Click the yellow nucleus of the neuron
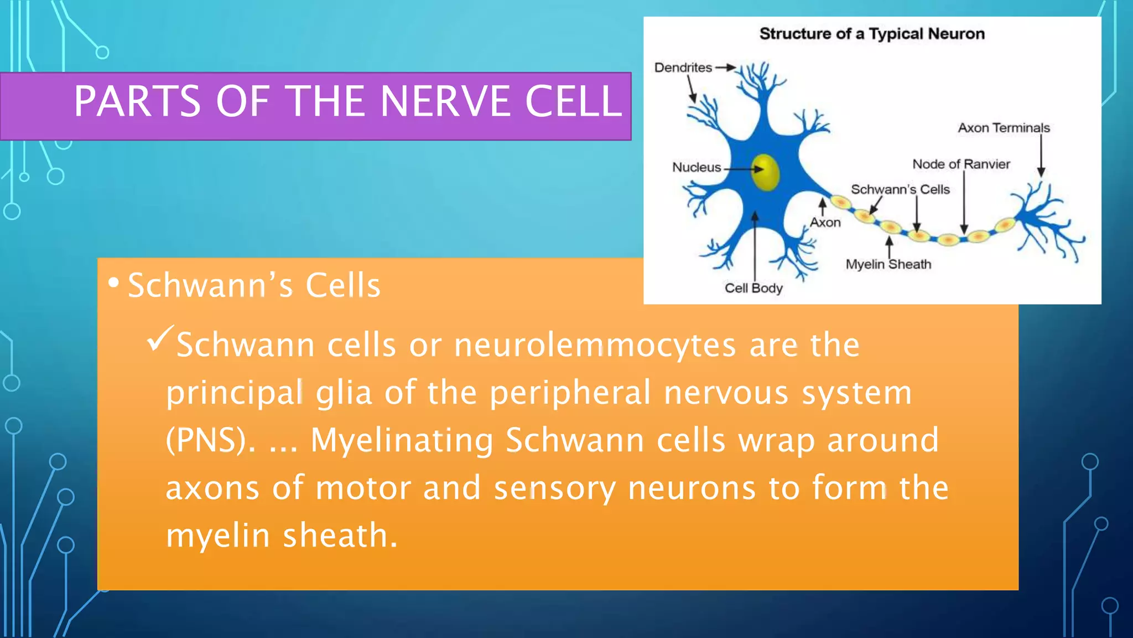click(766, 172)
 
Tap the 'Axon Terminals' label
click(1004, 128)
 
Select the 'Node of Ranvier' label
click(961, 164)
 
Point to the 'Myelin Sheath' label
click(888, 264)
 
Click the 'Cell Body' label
click(753, 288)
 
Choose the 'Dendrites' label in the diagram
click(683, 68)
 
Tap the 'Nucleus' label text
click(697, 167)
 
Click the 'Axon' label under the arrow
click(825, 223)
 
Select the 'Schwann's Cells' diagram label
click(900, 189)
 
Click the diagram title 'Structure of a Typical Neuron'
click(872, 34)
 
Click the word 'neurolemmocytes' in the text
click(595, 345)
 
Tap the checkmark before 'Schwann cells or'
click(160, 338)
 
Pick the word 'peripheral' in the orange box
click(570, 393)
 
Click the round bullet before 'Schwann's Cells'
click(113, 283)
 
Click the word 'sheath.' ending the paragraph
click(340, 536)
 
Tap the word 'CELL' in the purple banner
click(573, 101)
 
